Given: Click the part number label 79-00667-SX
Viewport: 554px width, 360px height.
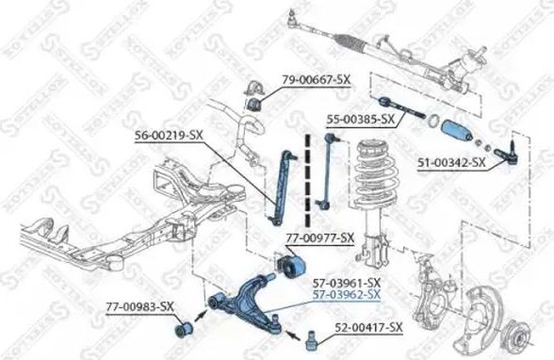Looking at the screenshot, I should point(316,80).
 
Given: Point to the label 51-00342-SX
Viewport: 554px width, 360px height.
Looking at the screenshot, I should point(451,163).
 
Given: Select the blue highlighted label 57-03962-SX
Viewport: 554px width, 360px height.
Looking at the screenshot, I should point(347,294).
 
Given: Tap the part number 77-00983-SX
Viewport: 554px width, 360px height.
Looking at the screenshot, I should point(139,306).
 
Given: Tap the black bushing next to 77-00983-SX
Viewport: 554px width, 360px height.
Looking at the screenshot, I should point(184,328).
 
